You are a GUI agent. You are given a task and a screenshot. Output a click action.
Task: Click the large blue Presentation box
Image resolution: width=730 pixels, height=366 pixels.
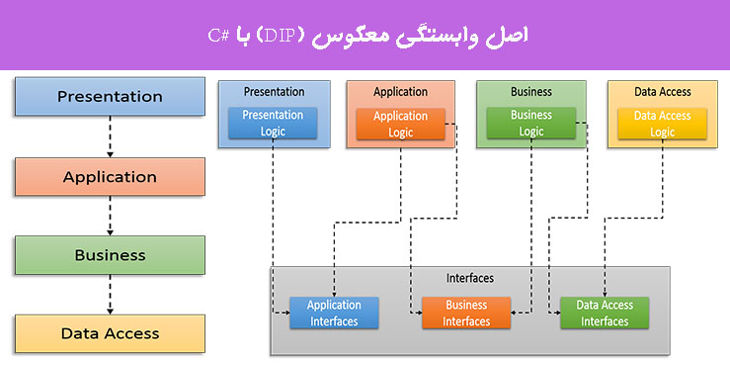pos(110,97)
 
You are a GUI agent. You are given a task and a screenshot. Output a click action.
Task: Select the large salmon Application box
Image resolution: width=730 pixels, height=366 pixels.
pos(110,177)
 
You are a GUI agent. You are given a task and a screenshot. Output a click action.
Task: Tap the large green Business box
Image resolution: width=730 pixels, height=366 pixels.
pos(110,255)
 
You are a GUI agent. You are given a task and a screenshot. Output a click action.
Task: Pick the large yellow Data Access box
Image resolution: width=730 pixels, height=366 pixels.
pos(110,333)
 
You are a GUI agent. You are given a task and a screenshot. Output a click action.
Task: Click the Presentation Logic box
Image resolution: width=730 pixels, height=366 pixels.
pos(273,124)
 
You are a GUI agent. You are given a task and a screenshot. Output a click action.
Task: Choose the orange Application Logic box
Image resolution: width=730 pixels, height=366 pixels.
pos(400,124)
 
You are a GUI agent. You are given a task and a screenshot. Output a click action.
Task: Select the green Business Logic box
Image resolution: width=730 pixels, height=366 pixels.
pos(530,123)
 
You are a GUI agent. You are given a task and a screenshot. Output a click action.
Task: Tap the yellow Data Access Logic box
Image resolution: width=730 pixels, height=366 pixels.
pos(662,124)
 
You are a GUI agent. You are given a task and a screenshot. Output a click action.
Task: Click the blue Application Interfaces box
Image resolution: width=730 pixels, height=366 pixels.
pos(334,314)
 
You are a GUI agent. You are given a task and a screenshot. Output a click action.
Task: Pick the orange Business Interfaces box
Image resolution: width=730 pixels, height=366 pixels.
pos(466,314)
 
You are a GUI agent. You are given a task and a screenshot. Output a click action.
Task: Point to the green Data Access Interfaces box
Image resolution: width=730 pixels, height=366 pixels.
pos(604,314)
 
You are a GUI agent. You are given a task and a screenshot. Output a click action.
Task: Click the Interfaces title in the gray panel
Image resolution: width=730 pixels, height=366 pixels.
pos(470,278)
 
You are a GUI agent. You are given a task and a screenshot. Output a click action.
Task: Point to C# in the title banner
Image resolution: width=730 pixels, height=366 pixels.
pos(218,36)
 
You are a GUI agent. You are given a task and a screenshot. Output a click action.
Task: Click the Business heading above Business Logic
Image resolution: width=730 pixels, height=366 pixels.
pos(530,92)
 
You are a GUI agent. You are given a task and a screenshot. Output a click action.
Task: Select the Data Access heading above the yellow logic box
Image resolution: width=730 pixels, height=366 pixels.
pos(662,92)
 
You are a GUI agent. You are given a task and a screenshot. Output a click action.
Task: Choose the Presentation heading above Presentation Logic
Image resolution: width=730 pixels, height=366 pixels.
pos(273,92)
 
